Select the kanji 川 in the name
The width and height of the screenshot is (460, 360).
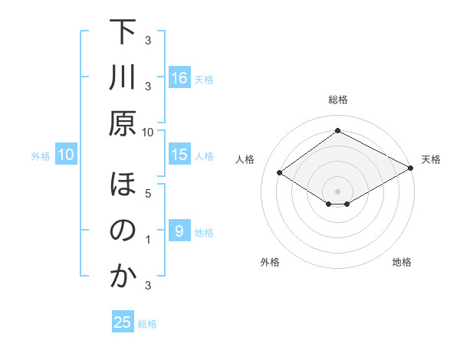pos(123,77)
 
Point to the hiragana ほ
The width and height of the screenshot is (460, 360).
pos(123,186)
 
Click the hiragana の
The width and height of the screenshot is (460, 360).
pos(123,231)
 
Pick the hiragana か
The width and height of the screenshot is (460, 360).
pos(123,277)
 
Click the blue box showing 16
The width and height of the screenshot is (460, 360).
pos(179,78)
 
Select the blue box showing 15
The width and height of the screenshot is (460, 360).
pos(179,155)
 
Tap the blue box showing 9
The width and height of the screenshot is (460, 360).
pos(179,231)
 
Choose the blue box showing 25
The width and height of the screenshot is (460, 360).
pos(122,322)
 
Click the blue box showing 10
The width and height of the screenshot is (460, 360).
pos(65,155)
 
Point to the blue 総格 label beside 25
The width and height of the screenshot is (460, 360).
pos(147,324)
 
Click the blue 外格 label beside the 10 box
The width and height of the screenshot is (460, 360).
pos(41,156)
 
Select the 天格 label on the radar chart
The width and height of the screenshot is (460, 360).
pos(431,159)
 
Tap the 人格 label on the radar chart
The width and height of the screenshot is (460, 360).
pos(245,159)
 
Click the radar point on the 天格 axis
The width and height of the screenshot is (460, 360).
pos(412,169)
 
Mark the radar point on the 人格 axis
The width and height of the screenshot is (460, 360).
pos(280,173)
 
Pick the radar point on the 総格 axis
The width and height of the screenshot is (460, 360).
pos(337,130)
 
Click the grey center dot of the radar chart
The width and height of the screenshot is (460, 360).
pos(337,190)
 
